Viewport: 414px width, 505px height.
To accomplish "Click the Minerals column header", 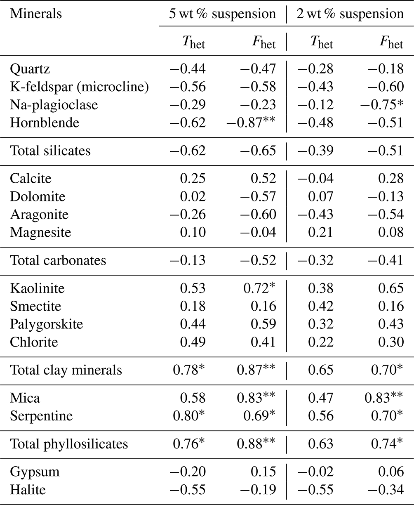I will pyautogui.click(x=36, y=14).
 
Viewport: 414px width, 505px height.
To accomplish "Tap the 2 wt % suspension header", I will pyautogui.click(x=350, y=14).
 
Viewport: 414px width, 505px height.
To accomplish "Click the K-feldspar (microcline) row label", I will pyautogui.click(x=79, y=87).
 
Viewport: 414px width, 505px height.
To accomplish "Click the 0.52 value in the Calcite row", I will pyautogui.click(x=264, y=178).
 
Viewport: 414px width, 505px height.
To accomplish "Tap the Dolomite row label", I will pyautogui.click(x=38, y=196).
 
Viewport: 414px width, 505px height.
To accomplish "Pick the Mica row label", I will pyautogui.click(x=25, y=398).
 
